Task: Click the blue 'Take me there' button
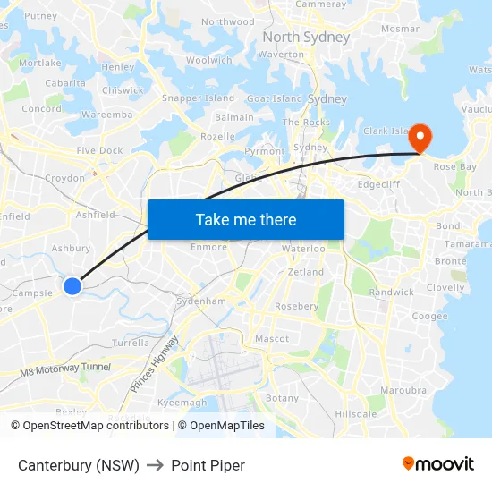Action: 246,219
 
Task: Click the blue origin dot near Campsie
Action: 72,285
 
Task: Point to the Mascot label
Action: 272,339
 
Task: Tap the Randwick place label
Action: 391,293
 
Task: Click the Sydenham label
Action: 201,301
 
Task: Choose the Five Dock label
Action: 99,151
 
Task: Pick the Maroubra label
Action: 398,390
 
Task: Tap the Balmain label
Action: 234,117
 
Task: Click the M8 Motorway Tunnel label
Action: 65,368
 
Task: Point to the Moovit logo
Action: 438,463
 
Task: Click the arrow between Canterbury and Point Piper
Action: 156,465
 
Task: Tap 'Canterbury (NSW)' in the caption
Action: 79,465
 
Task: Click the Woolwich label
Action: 209,61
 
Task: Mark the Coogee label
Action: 429,316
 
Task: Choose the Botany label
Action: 283,398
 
